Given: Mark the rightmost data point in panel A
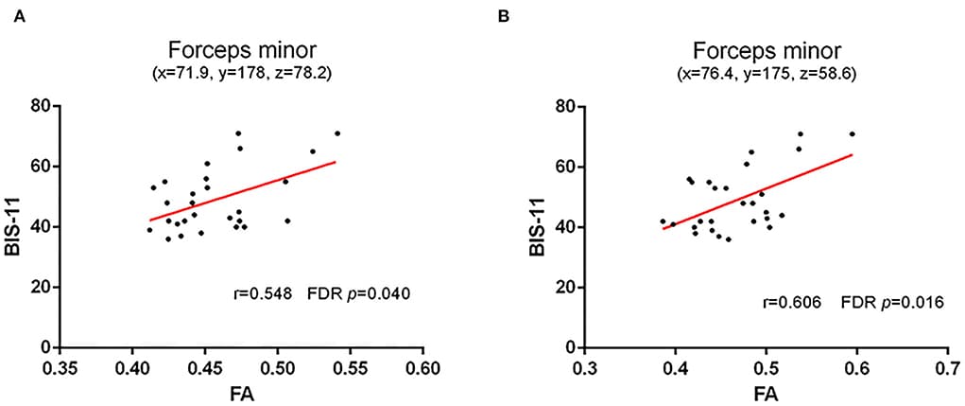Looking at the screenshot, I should pyautogui.click(x=336, y=133).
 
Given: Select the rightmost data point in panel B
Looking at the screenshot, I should pyautogui.click(x=852, y=133).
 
